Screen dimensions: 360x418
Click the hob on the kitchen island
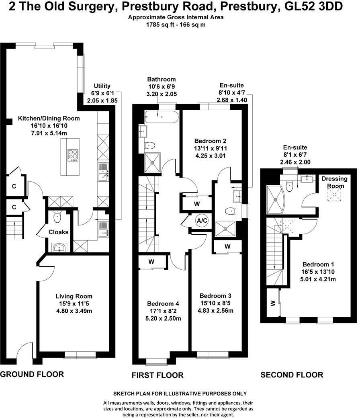pos(73,155)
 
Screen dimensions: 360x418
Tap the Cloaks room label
pos(58,232)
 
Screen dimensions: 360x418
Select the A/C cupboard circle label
pos(202,221)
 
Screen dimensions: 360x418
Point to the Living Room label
pos(74,296)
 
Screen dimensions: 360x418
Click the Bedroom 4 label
pos(163,303)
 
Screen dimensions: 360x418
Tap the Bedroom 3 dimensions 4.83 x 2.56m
pos(215,311)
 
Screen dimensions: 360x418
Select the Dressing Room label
pos(335,182)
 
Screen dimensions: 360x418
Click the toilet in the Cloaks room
pos(57,217)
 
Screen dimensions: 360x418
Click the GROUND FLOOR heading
pos(32,374)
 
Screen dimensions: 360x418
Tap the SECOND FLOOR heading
pos(292,375)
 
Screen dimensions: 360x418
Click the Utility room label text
pos(102,86)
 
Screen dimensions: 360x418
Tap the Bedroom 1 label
pos(318,264)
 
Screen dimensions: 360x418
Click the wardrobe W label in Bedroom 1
pos(273,303)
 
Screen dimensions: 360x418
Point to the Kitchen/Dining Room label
pos(49,118)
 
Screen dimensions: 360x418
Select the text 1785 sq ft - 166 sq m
pos(176,25)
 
